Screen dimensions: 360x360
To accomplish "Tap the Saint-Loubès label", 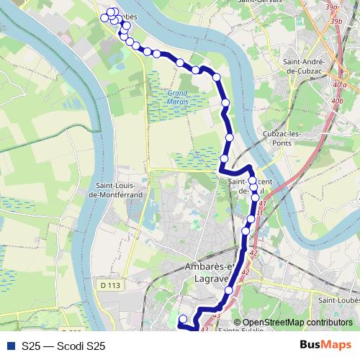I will coord(340,300).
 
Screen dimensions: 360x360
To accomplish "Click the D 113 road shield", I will coord(110,286).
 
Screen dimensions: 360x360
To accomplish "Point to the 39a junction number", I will coord(331,6).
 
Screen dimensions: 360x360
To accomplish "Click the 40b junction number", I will coord(337,102).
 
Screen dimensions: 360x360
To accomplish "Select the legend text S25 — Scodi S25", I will coord(63,346).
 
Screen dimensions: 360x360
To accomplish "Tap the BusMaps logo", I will coord(325,346).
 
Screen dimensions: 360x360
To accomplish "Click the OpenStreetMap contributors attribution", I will coord(288,323).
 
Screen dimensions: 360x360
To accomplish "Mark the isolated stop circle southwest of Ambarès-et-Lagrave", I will coord(183,319).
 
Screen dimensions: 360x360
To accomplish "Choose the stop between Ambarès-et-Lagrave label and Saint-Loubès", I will coord(229,290).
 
